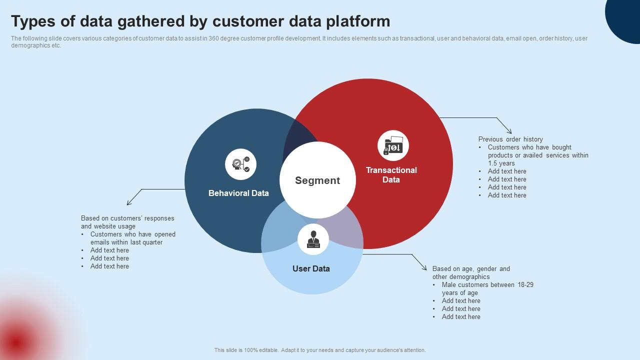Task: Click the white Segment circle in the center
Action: point(317,180)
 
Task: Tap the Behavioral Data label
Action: point(238,193)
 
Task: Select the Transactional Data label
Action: point(391,175)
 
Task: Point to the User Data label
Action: point(311,268)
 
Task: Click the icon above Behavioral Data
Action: point(240,164)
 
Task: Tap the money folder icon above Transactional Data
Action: point(393,146)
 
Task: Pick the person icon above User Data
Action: point(313,239)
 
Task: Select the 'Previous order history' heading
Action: point(510,139)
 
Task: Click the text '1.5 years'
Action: point(501,163)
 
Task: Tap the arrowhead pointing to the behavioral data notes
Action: point(129,202)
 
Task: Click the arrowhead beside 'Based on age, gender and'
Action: point(424,267)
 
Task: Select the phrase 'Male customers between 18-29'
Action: point(487,284)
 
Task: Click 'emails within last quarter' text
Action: point(126,242)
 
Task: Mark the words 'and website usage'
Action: point(108,226)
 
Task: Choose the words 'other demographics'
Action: point(461,276)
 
